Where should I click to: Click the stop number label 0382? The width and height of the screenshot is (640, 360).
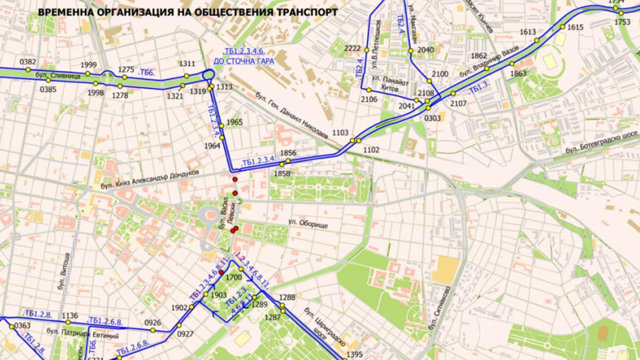tap(28, 62)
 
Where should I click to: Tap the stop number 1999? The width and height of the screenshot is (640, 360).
tap(88, 65)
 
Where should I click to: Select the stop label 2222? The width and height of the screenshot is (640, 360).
tap(353, 48)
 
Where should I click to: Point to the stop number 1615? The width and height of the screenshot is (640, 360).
tap(576, 27)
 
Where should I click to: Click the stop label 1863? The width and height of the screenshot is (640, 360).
tap(518, 73)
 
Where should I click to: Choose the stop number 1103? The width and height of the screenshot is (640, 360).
tap(341, 133)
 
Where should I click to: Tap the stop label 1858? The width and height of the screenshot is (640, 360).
tap(283, 173)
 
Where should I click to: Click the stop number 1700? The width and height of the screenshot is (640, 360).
tap(233, 277)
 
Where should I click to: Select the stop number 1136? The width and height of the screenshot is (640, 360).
tap(70, 316)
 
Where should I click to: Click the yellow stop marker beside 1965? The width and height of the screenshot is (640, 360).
tap(221, 126)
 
